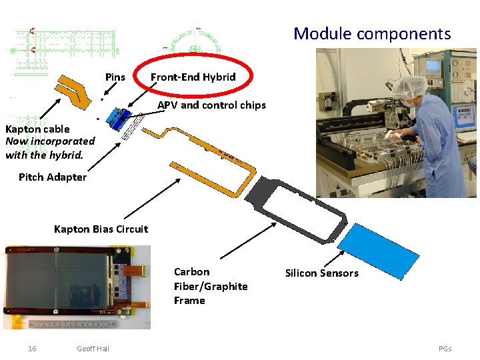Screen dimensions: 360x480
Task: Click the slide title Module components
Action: (372, 33)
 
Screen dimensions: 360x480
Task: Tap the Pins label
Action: (115, 77)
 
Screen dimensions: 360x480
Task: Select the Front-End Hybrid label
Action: (193, 77)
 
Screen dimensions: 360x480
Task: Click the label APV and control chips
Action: (211, 105)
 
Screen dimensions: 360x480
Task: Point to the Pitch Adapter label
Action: (53, 177)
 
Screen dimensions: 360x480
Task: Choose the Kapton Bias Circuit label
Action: (101, 229)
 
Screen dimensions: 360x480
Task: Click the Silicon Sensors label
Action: (321, 273)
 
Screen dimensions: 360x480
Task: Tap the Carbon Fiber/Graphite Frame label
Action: (210, 286)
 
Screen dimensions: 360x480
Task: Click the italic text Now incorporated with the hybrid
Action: (50, 148)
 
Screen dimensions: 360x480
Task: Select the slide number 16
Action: (32, 349)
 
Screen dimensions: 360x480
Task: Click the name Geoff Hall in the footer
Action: (93, 349)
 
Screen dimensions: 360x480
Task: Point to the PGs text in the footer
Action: (445, 349)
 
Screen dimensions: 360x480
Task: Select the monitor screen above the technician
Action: (433, 66)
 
